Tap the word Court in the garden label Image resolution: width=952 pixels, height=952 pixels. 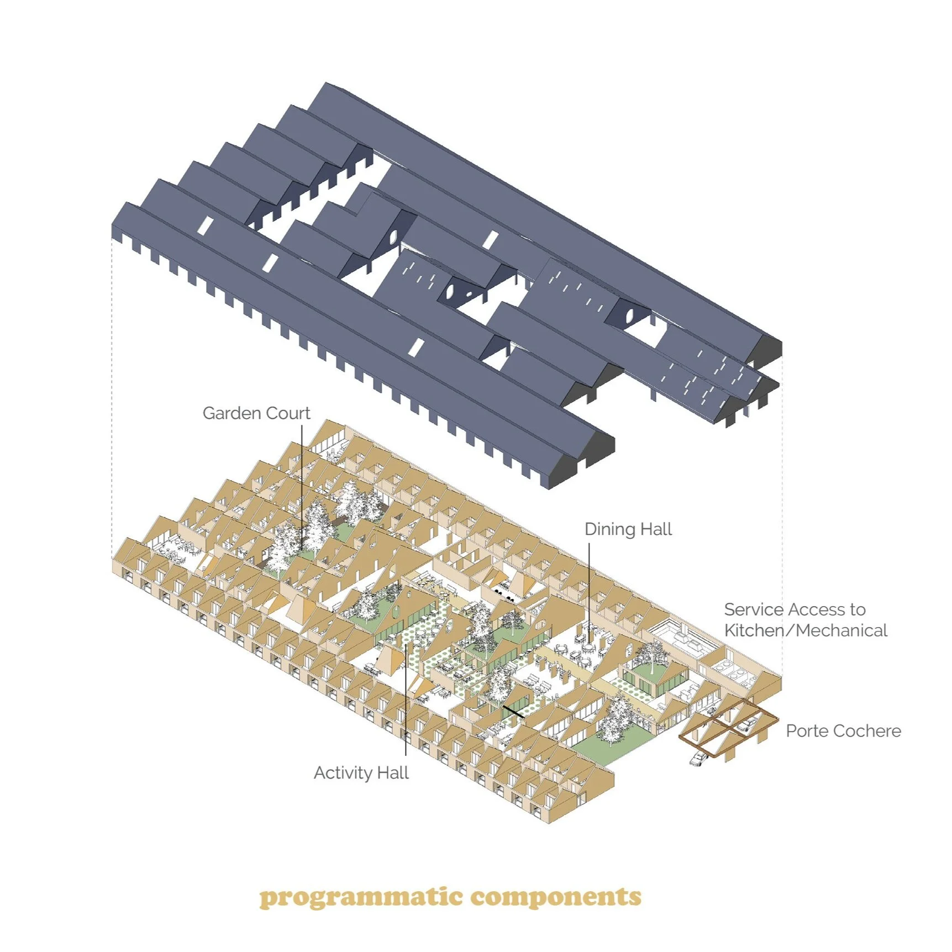(x=287, y=413)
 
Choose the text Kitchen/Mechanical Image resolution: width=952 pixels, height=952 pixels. (x=806, y=630)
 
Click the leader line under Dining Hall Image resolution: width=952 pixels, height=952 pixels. (x=589, y=586)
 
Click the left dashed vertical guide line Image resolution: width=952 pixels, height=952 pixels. (x=112, y=387)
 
